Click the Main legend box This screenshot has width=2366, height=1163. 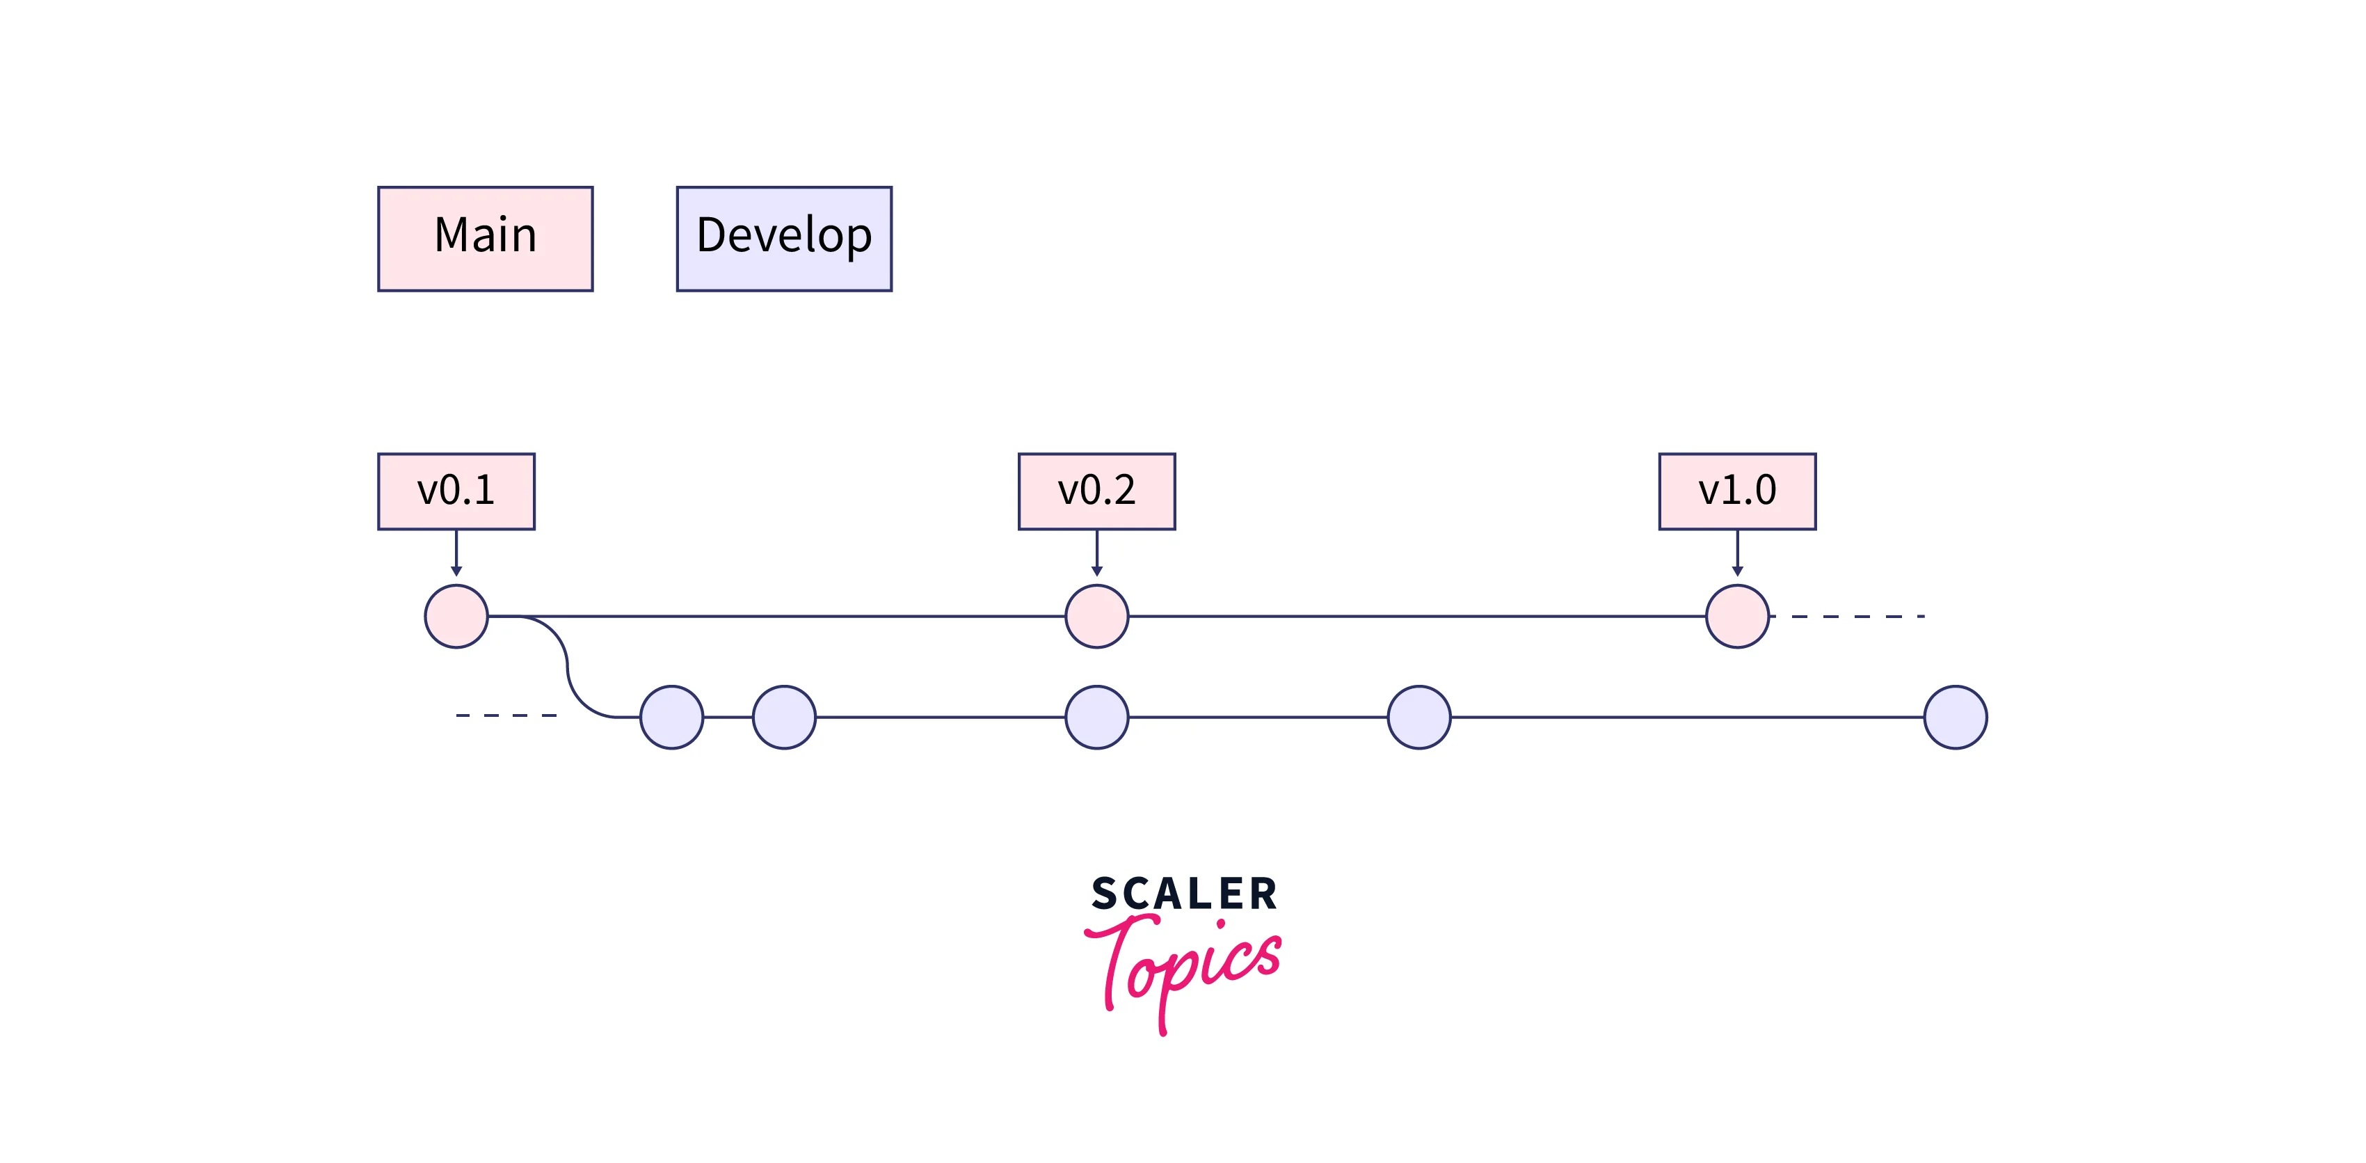pyautogui.click(x=485, y=239)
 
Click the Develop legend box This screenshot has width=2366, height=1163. pyautogui.click(x=783, y=239)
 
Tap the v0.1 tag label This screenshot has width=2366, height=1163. pyautogui.click(x=456, y=491)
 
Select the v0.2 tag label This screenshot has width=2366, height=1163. pyautogui.click(x=1096, y=491)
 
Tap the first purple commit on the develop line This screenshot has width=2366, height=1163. pyautogui.click(x=671, y=717)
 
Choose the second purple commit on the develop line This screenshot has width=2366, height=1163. pyautogui.click(x=783, y=717)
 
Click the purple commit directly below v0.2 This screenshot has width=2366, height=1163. pyautogui.click(x=1096, y=717)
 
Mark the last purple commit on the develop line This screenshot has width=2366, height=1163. pyautogui.click(x=1955, y=717)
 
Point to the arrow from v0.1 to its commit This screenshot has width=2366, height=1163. pyautogui.click(x=456, y=553)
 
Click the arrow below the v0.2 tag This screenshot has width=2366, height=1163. pyautogui.click(x=1096, y=553)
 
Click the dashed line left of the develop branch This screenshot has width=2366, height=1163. pyautogui.click(x=506, y=715)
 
